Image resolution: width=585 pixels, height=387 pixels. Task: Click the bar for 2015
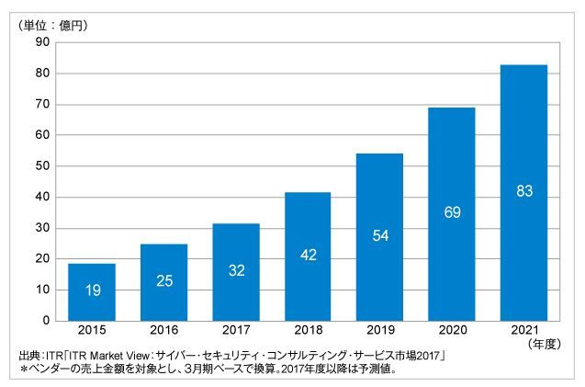pos(91,291)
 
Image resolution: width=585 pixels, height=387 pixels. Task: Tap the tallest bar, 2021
pos(524,192)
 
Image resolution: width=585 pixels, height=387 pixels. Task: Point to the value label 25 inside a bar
pos(163,280)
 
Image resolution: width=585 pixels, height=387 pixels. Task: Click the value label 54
pos(380,236)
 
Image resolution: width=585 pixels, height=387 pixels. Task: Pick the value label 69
pos(452,213)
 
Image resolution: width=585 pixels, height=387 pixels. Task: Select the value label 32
pos(236,270)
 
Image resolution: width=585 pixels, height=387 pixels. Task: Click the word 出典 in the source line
pos(28,357)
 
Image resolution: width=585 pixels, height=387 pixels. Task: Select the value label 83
pos(524,191)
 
